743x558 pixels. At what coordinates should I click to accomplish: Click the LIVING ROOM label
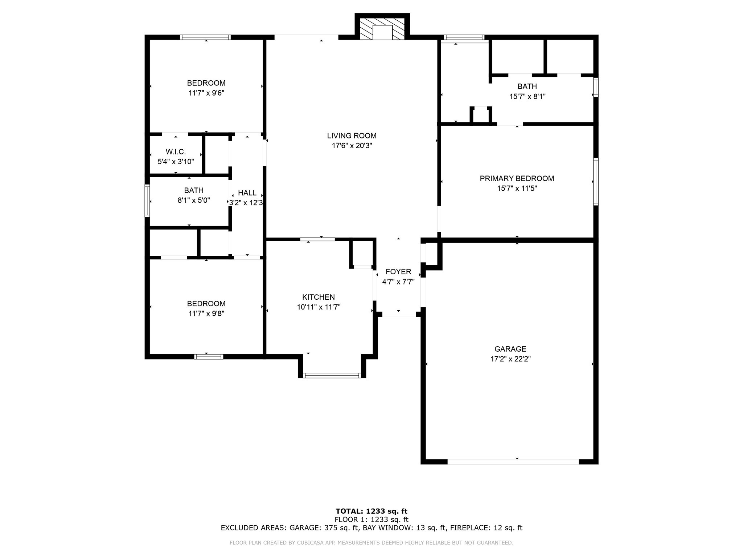[352, 136]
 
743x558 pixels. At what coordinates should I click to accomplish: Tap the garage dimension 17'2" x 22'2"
[510, 359]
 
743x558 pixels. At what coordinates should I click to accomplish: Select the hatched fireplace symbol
[382, 29]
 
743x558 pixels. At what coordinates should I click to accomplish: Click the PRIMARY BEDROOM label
[517, 178]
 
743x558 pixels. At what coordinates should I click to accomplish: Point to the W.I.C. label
[176, 152]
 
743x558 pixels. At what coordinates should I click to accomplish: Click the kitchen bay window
[332, 375]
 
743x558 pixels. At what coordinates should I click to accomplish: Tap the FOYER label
[398, 272]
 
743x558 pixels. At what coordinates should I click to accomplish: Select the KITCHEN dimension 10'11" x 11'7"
[319, 307]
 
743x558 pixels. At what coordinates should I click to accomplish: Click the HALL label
[247, 193]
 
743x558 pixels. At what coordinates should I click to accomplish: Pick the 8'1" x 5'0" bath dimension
[193, 200]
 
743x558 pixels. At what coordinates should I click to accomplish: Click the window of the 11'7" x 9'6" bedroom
[205, 37]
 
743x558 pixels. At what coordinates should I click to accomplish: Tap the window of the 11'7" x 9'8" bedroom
[208, 357]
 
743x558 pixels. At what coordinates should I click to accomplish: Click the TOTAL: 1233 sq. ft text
[371, 511]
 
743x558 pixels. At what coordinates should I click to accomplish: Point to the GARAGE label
[510, 349]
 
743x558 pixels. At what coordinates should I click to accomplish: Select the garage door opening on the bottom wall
[513, 462]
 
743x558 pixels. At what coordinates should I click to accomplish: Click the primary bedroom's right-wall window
[595, 182]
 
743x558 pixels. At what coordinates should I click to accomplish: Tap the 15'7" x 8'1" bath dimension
[527, 97]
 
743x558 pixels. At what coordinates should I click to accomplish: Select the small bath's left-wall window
[147, 201]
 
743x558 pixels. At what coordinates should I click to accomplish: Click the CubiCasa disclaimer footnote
[371, 543]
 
